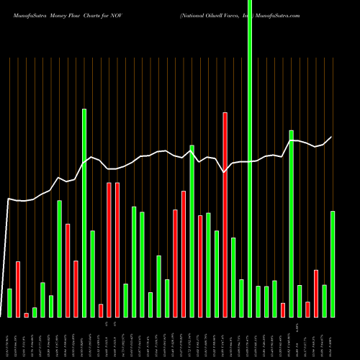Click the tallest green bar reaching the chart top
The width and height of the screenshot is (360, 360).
[250, 158]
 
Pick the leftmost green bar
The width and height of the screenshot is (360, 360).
[10, 302]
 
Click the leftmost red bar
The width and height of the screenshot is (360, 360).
[18, 289]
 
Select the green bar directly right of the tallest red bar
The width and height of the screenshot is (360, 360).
[233, 277]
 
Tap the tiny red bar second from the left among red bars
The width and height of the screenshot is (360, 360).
[27, 315]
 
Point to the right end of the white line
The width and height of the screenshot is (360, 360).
[332, 137]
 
